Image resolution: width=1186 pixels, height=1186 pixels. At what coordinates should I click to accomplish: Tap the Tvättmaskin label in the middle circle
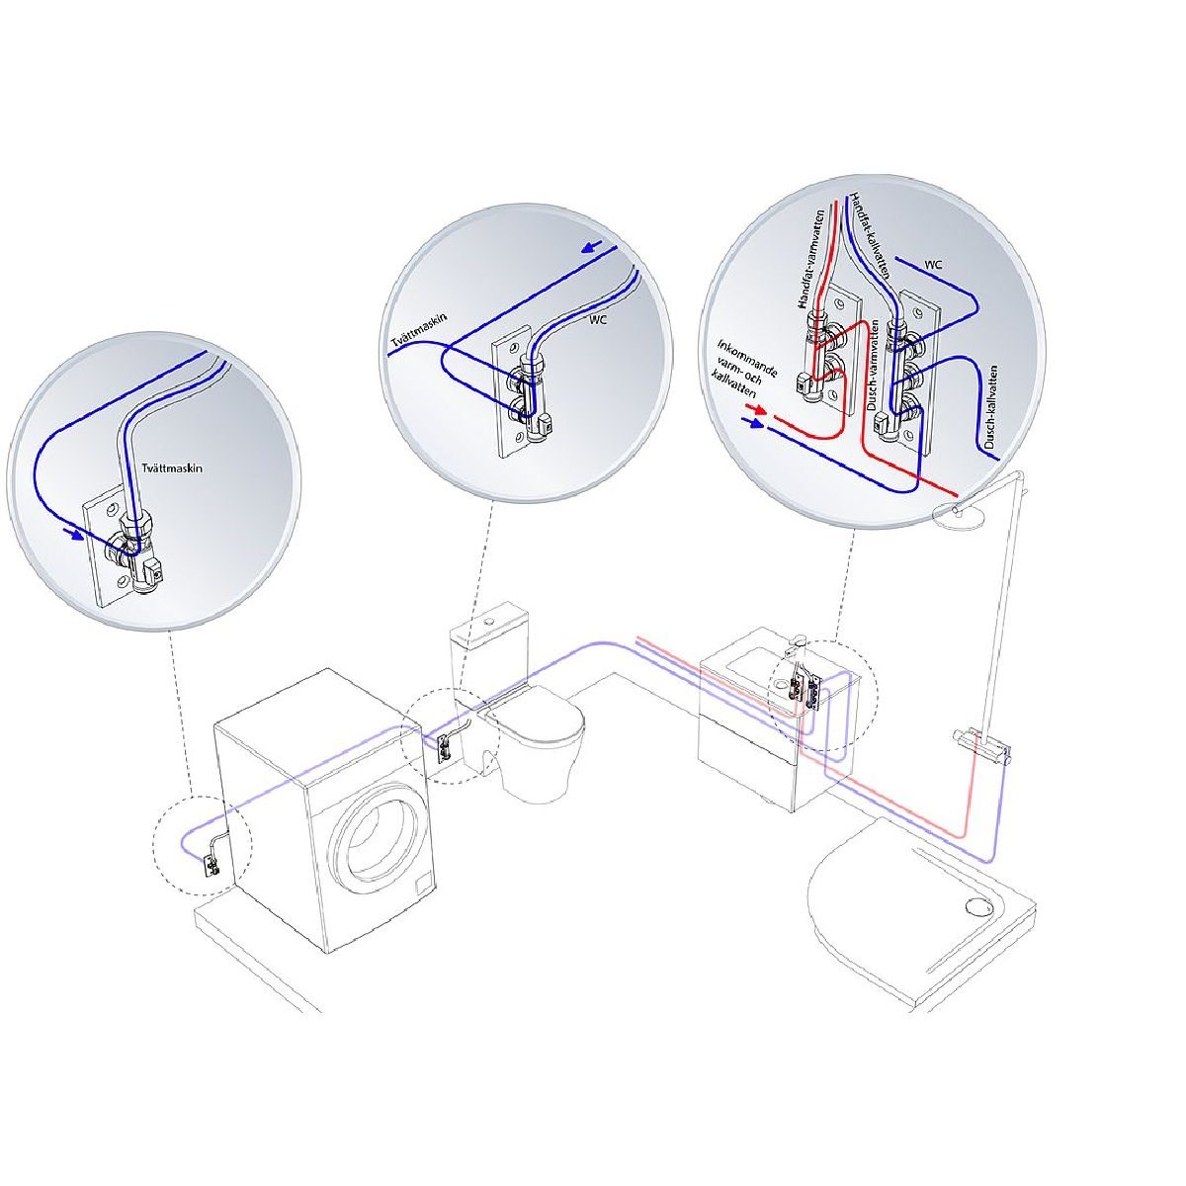click(x=418, y=334)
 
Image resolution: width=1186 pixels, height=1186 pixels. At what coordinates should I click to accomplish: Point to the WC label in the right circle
click(x=932, y=265)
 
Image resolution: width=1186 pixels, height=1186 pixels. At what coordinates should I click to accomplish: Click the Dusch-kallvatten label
click(x=989, y=407)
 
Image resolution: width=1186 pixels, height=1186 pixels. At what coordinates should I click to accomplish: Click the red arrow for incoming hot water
click(x=756, y=408)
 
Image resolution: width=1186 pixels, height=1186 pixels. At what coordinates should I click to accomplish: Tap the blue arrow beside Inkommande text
click(x=753, y=423)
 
